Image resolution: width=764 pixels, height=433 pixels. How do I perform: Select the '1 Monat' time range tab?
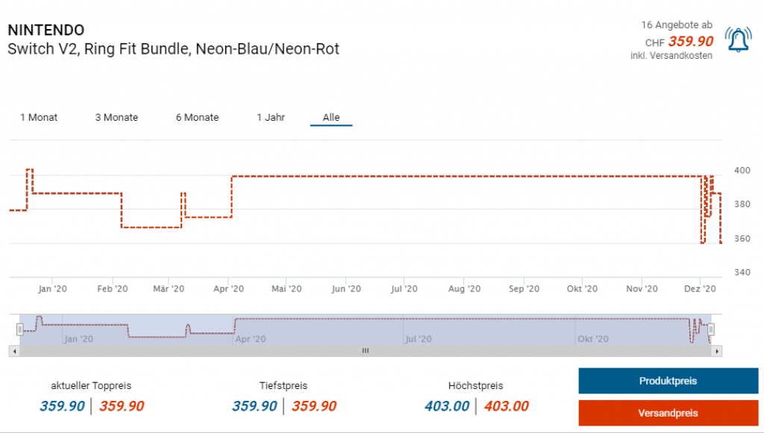(39, 117)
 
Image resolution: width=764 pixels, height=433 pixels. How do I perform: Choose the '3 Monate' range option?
(116, 117)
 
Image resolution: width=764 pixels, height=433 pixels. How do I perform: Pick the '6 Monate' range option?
(197, 117)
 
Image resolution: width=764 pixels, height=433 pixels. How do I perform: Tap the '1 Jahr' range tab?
(271, 117)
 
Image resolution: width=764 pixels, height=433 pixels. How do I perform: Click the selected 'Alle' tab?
(331, 117)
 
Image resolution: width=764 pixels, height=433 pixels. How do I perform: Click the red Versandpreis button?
(668, 413)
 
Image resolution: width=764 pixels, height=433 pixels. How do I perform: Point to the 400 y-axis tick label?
(742, 171)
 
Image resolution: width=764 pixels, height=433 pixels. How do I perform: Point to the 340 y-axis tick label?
(742, 272)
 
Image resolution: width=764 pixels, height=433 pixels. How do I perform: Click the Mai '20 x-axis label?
(286, 289)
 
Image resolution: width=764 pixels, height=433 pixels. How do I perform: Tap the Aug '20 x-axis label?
(465, 289)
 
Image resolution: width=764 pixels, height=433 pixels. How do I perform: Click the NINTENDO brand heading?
(46, 30)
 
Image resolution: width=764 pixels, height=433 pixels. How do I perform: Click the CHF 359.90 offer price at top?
(690, 42)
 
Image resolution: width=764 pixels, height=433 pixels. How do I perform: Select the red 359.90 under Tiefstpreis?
(313, 406)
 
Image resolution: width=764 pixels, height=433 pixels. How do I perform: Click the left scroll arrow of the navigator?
(13, 350)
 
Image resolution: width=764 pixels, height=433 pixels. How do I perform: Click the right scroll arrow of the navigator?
(717, 350)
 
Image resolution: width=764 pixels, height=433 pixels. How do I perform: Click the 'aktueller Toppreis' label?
(91, 385)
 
